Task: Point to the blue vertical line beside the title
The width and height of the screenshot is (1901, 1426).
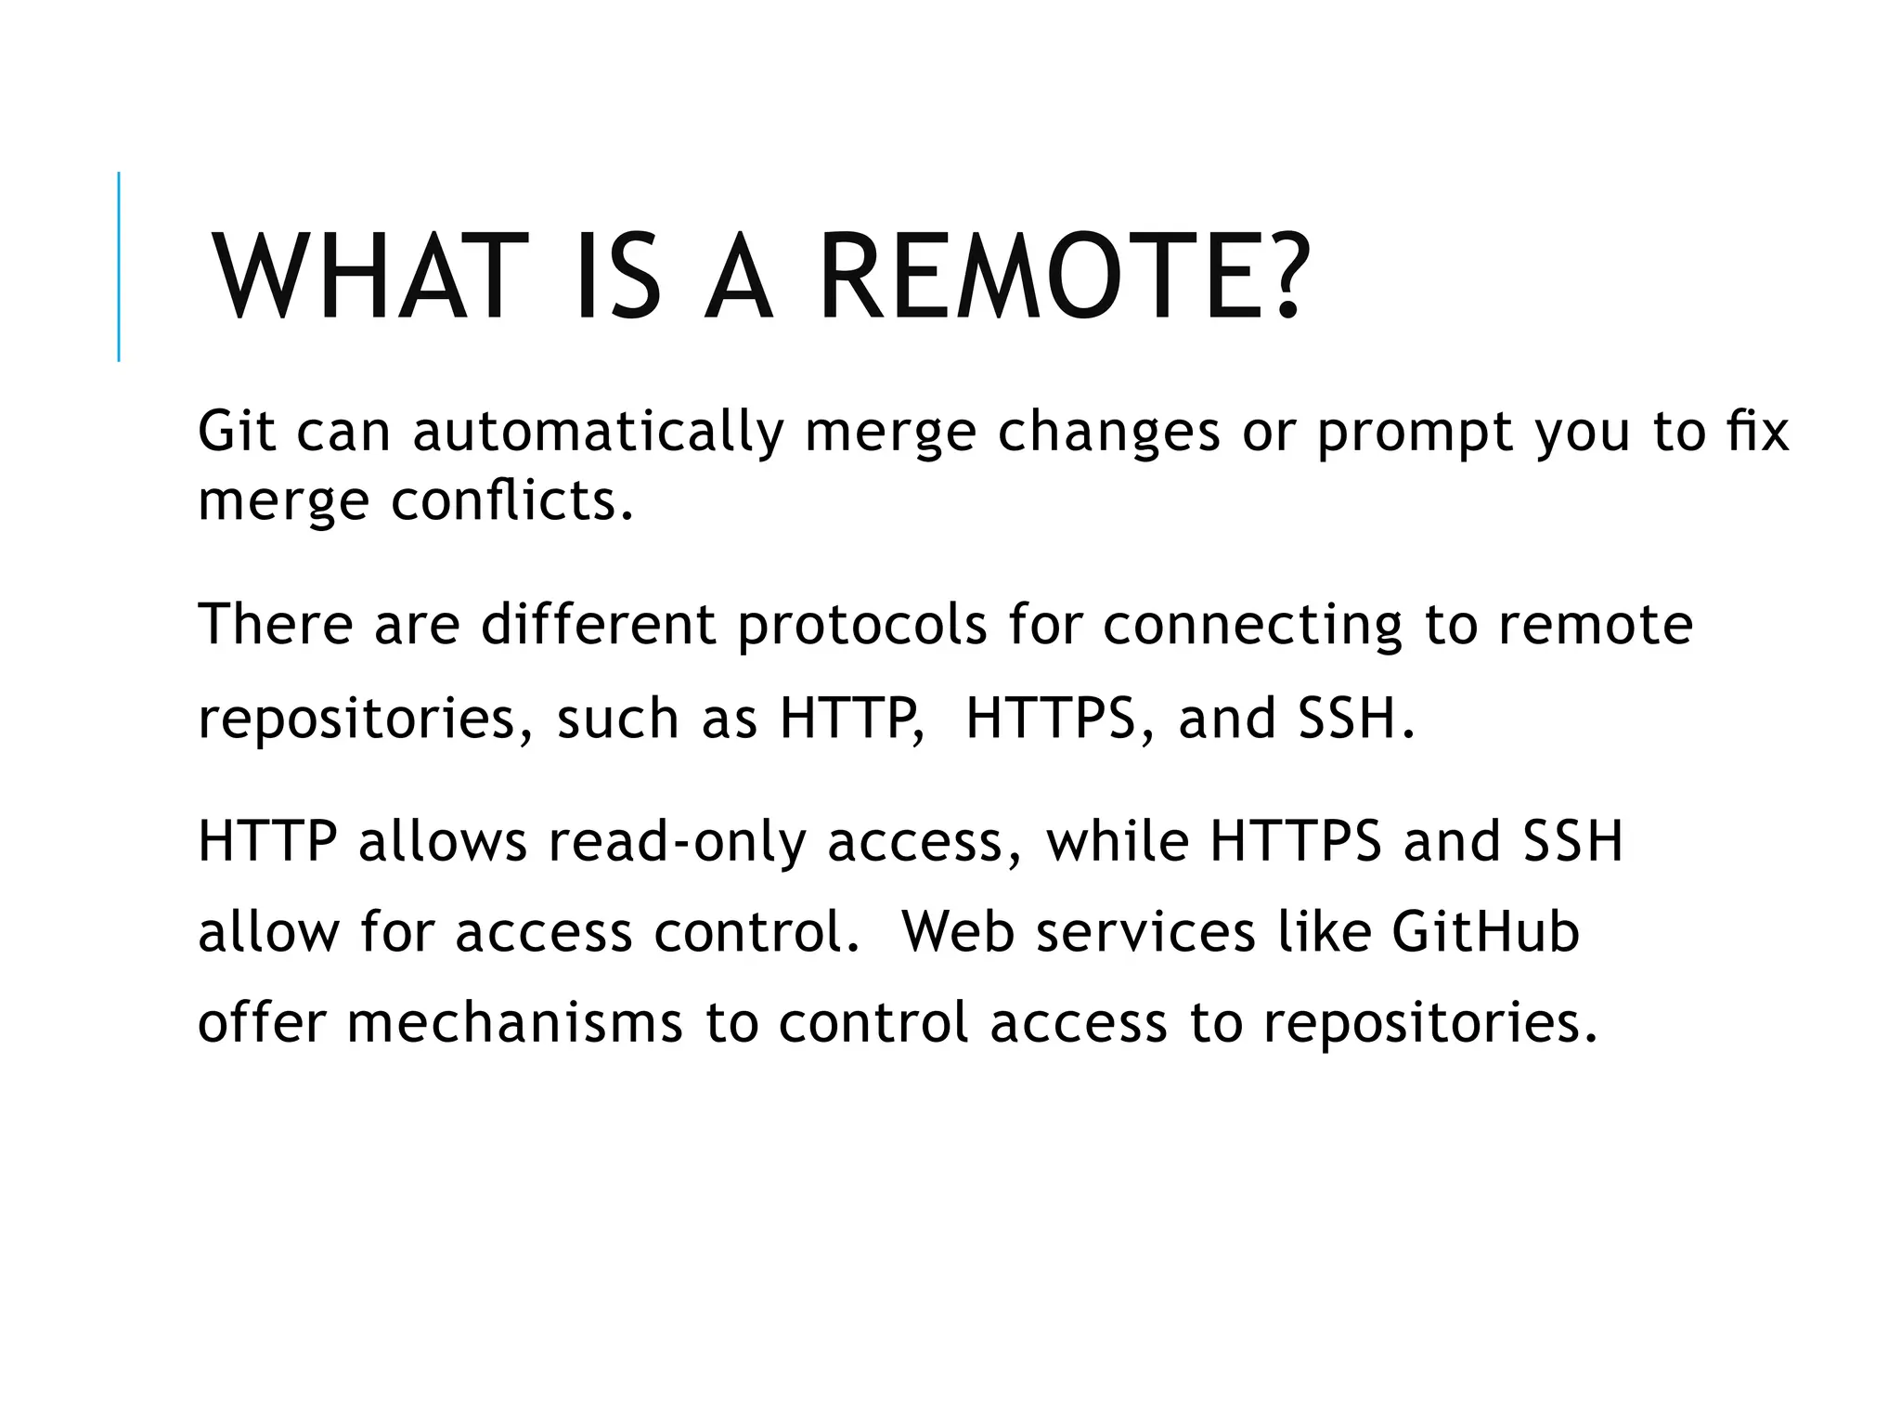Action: tap(119, 266)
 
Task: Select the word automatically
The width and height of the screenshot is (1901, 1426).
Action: tap(598, 433)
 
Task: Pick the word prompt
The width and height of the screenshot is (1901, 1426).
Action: tap(1415, 433)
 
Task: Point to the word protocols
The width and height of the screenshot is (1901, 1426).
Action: tap(862, 625)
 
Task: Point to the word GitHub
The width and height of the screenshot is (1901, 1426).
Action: tap(1485, 931)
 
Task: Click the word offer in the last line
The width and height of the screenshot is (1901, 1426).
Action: tap(262, 1022)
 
